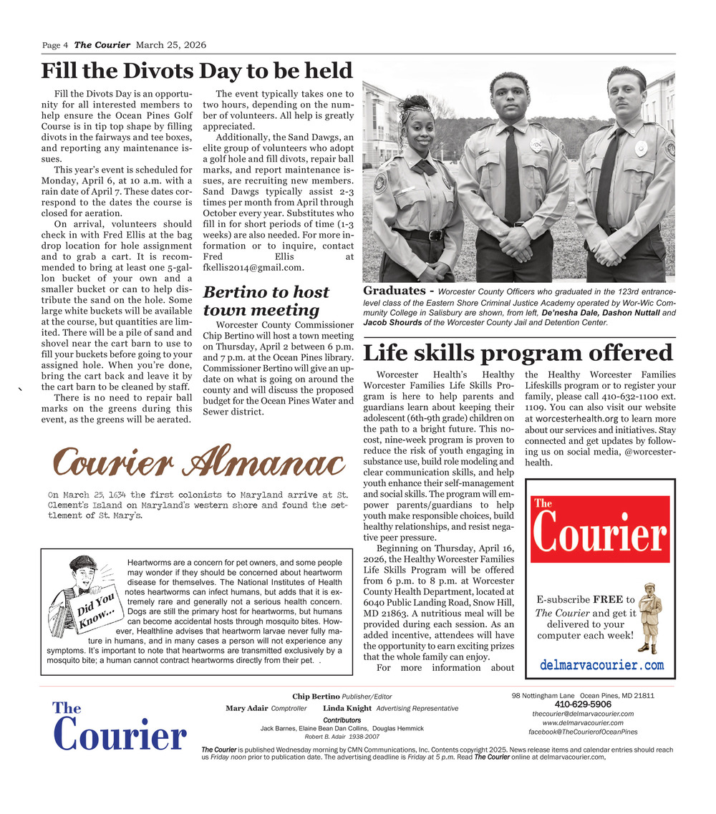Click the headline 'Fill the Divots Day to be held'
point(197,71)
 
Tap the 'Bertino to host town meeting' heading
point(266,301)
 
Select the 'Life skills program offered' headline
point(518,353)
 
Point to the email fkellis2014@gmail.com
point(244,267)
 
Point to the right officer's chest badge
point(641,148)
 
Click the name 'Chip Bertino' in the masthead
point(316,697)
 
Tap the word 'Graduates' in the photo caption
point(395,291)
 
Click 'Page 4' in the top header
point(55,45)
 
